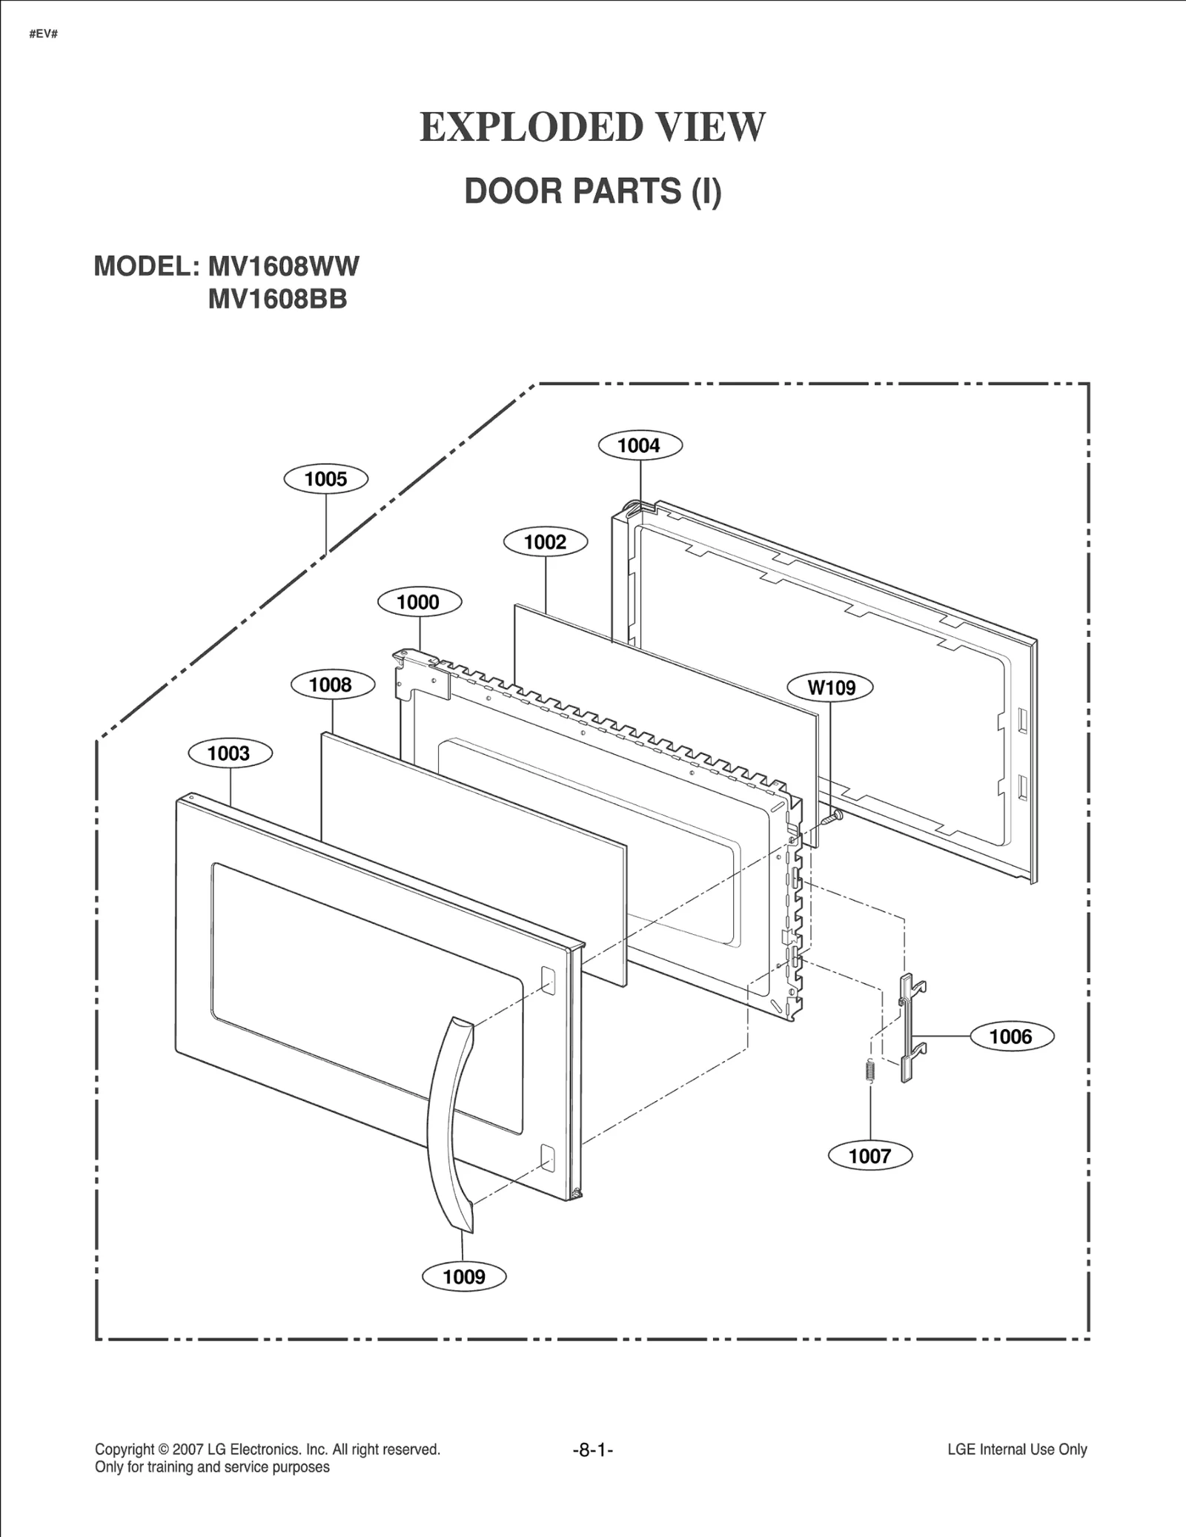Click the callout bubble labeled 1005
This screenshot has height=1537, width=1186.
pos(326,479)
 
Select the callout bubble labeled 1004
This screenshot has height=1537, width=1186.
pos(640,446)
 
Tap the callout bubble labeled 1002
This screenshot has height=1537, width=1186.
pos(546,542)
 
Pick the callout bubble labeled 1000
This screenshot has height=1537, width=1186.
pos(420,602)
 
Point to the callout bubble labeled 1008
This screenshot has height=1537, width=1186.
pos(331,684)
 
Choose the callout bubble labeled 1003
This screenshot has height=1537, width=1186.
pos(230,753)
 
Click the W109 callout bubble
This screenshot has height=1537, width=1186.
pos(831,687)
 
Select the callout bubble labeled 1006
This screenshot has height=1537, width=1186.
pos(1011,1036)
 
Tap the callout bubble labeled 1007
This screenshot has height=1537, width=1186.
pos(869,1156)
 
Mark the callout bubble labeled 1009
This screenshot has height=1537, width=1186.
pos(464,1276)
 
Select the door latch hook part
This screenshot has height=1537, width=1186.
pos(910,1029)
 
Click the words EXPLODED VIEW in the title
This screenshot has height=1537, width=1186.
pos(592,127)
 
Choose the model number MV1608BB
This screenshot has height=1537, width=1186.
pos(277,300)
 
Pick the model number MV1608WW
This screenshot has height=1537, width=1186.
pos(283,266)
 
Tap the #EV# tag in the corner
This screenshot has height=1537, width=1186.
pos(44,34)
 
